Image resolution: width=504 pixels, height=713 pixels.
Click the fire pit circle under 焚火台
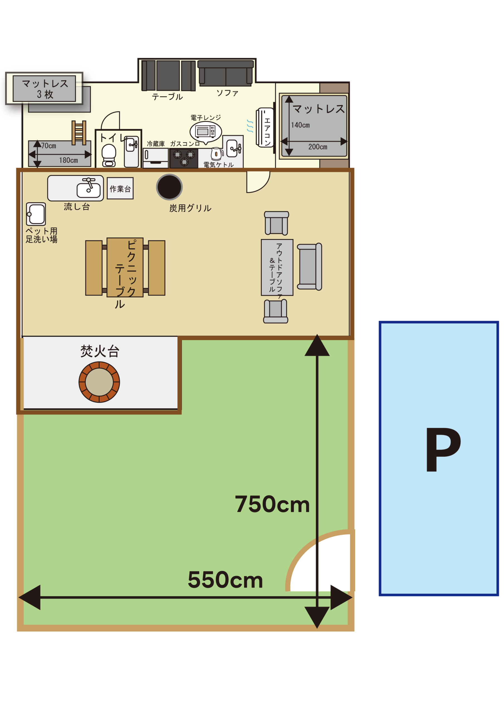click(99, 382)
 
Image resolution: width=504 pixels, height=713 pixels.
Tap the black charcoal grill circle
click(169, 187)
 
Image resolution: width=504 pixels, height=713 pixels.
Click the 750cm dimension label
click(272, 504)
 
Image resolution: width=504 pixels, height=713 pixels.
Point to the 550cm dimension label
click(226, 580)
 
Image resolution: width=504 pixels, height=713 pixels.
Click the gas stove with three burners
click(184, 158)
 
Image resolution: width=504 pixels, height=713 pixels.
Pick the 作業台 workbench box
click(120, 188)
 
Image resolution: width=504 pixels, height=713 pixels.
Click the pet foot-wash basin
click(36, 214)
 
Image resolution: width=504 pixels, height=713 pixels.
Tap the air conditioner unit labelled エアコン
click(265, 127)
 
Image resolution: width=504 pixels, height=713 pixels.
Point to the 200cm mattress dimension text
click(318, 147)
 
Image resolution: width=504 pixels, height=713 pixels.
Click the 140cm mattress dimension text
click(300, 125)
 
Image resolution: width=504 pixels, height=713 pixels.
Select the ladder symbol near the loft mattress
click(79, 133)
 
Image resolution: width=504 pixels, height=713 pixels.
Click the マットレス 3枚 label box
click(44, 89)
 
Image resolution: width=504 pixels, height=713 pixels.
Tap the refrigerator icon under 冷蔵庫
click(156, 158)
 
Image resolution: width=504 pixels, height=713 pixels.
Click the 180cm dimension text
click(68, 160)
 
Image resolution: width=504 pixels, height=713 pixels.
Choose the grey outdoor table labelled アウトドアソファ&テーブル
click(277, 267)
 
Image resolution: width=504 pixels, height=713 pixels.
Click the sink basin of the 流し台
click(89, 190)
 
